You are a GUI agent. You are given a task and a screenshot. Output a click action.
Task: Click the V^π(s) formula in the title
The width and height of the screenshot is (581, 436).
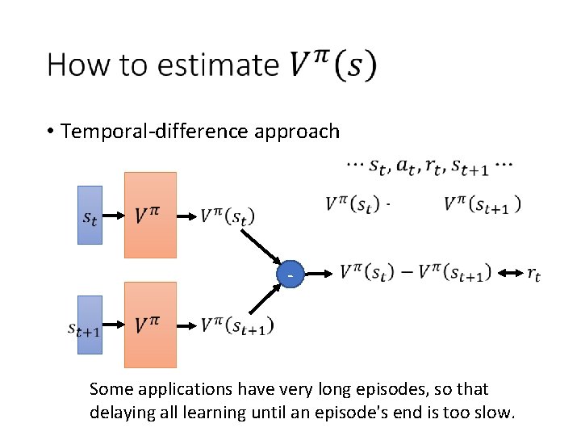coord(332,65)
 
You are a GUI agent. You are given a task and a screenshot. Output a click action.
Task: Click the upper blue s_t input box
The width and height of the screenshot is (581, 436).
coord(90,215)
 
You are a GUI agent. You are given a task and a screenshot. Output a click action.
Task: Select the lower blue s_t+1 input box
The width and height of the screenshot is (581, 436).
coord(90,325)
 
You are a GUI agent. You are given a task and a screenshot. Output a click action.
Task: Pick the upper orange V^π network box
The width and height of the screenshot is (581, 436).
coord(150,215)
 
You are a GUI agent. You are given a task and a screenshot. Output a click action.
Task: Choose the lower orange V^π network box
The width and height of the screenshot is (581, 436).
coord(150,325)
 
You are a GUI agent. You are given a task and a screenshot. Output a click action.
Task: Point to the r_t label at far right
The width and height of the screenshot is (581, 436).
coord(533,274)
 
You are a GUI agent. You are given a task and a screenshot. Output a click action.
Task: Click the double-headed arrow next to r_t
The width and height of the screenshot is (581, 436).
coord(509,274)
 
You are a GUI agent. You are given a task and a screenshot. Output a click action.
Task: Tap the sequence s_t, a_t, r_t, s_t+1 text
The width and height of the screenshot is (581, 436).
coord(428,166)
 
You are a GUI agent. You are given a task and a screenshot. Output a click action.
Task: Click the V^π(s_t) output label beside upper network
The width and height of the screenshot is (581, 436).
coord(227,216)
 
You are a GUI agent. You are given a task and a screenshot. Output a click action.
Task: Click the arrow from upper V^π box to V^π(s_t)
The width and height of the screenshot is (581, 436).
coord(187,216)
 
